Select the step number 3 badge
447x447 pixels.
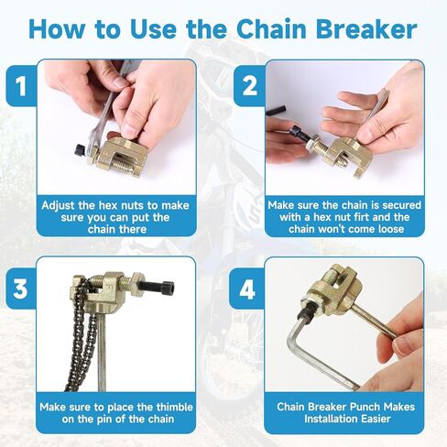[x=17, y=289]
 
